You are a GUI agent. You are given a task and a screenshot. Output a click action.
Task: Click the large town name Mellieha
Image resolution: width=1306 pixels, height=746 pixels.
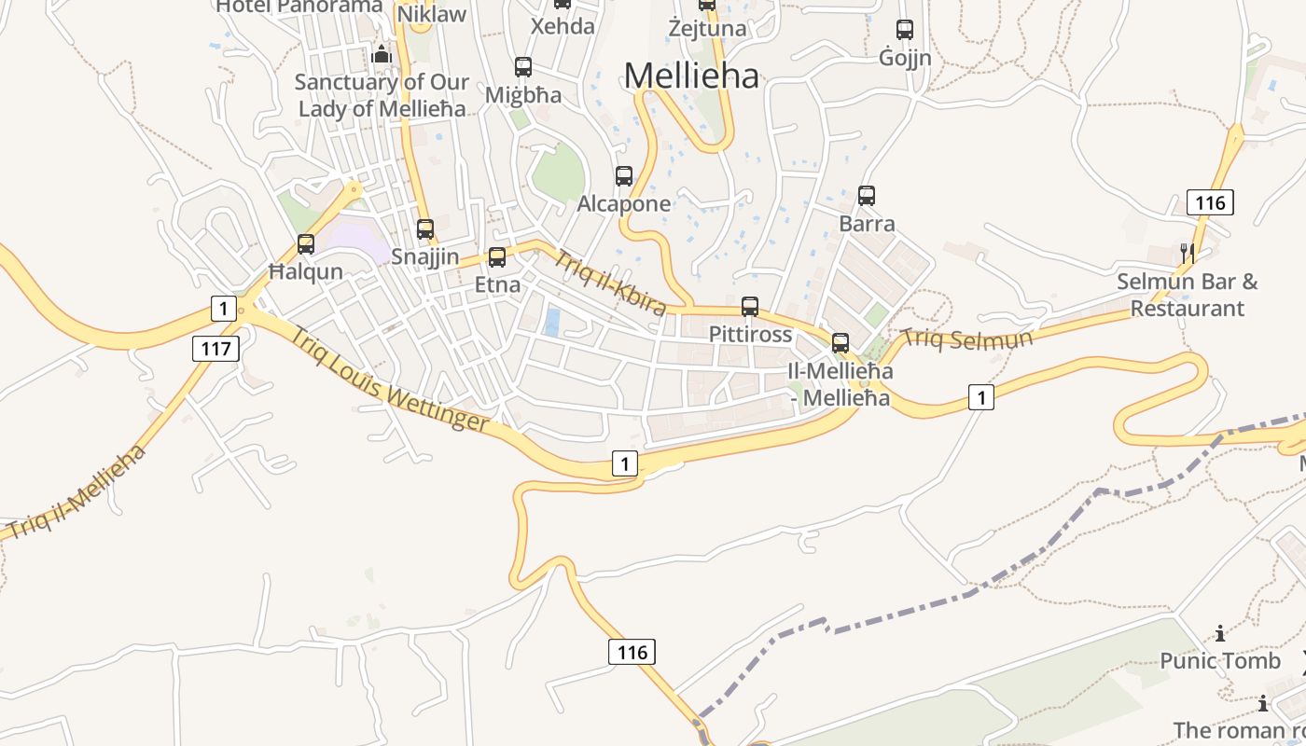691,76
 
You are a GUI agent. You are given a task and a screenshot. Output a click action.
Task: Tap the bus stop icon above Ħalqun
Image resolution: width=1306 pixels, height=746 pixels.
306,244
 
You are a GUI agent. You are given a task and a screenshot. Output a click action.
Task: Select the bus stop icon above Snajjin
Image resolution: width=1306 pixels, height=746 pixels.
425,228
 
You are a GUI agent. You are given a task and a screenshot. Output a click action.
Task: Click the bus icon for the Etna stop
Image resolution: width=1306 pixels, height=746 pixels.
497,256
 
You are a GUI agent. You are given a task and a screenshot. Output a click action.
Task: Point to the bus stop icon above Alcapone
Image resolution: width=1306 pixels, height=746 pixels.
624,175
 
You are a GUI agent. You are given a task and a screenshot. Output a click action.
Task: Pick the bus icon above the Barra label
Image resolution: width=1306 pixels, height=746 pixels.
867,196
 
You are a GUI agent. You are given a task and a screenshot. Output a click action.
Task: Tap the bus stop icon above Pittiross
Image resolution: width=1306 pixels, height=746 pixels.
750,306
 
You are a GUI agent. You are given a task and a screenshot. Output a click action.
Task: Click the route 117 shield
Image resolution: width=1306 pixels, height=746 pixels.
216,349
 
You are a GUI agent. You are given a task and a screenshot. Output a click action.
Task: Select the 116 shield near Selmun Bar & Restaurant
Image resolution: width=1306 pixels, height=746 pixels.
1210,201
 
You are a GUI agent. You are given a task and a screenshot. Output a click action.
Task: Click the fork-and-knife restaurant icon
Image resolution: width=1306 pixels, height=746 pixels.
1187,252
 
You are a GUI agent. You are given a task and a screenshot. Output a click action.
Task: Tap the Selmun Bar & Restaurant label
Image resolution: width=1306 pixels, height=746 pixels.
1188,295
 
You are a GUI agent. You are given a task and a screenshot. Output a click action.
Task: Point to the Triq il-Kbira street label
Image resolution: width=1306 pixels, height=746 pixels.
610,283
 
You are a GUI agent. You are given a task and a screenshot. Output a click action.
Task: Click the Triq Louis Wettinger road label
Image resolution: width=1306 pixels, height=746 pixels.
389,379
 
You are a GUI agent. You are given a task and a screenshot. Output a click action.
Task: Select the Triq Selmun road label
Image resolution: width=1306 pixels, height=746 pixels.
967,338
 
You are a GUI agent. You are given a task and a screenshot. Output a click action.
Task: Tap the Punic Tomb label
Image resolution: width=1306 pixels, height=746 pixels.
1220,661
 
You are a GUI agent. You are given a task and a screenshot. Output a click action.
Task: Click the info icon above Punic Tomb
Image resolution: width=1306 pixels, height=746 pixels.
1220,634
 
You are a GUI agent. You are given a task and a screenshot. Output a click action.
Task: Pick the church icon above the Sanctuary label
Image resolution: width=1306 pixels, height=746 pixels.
381,54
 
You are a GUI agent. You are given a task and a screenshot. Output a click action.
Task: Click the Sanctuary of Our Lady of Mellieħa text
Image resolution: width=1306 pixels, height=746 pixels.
381,95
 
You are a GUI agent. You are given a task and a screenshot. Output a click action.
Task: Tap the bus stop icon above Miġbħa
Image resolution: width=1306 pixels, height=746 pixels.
523,67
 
